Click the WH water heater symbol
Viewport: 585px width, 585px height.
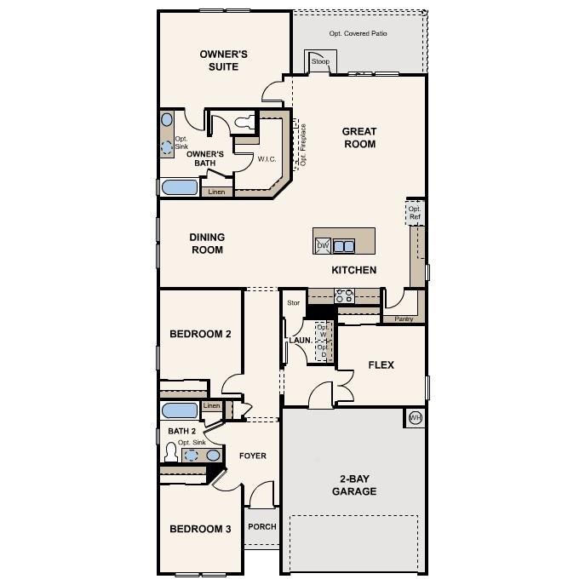[416, 417]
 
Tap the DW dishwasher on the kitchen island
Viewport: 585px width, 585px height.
[323, 246]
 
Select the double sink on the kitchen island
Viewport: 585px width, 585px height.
[344, 246]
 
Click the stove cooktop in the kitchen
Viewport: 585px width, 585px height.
[344, 295]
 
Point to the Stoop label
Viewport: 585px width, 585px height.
[320, 62]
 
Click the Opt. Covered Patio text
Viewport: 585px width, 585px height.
[358, 34]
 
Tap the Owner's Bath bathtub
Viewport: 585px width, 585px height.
[179, 188]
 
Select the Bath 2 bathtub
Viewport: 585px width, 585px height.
[180, 410]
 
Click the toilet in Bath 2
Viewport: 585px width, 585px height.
[170, 452]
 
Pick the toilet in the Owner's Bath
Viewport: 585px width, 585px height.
[244, 123]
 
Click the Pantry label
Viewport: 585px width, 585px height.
[404, 319]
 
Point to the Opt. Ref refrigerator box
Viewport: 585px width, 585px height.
[415, 213]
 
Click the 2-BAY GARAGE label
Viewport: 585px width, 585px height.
[354, 485]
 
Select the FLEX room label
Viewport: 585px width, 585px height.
[381, 364]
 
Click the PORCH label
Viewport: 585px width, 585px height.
[261, 526]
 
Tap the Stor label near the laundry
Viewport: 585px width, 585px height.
[293, 302]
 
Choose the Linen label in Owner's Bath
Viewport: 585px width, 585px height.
[217, 192]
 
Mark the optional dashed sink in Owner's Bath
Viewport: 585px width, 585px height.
[167, 146]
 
